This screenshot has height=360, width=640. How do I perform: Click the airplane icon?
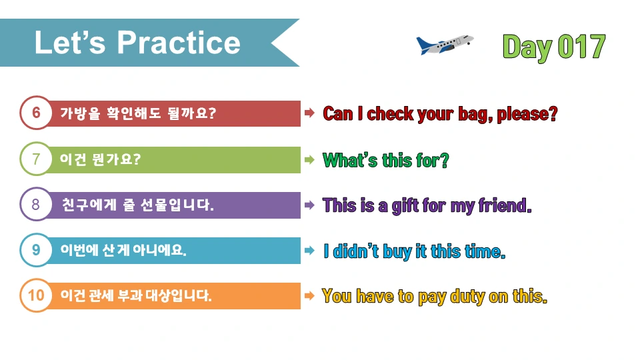pyautogui.click(x=444, y=45)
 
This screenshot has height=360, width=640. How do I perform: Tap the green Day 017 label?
pyautogui.click(x=553, y=47)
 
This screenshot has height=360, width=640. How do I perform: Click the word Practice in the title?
pyautogui.click(x=179, y=43)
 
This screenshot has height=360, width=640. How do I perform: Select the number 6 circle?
pyautogui.click(x=36, y=113)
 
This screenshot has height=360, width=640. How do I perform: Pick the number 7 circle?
pyautogui.click(x=36, y=159)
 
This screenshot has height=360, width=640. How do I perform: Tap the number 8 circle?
pyautogui.click(x=36, y=205)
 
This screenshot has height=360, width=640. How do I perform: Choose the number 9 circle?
pyautogui.click(x=36, y=250)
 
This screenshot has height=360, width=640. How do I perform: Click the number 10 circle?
pyautogui.click(x=36, y=295)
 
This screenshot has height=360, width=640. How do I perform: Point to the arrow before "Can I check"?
pyautogui.click(x=309, y=113)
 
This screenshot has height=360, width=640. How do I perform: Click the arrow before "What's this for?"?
pyautogui.click(x=309, y=159)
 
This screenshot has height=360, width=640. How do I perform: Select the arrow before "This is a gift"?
pyautogui.click(x=309, y=205)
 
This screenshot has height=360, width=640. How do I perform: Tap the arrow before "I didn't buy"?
pyautogui.click(x=309, y=251)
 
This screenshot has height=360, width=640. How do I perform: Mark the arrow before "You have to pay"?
pyautogui.click(x=309, y=295)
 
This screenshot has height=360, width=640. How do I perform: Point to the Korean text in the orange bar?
pyautogui.click(x=136, y=295)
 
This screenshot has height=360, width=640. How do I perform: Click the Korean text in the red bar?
pyautogui.click(x=138, y=113)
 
